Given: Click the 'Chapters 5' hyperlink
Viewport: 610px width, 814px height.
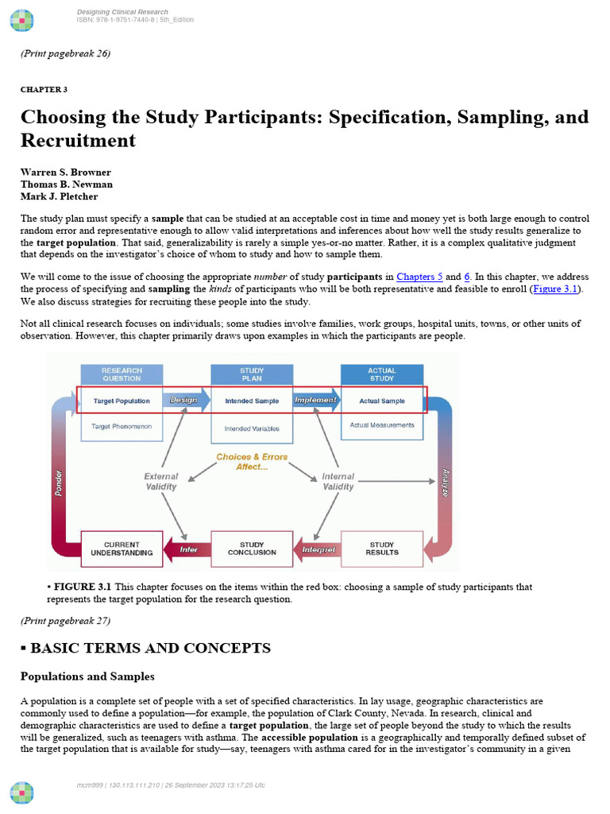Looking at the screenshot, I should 419,277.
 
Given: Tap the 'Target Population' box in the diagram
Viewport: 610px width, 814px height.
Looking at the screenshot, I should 122,401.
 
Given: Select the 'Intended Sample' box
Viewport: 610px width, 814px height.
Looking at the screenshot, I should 251,401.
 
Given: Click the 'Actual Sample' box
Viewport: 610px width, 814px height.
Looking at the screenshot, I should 381,401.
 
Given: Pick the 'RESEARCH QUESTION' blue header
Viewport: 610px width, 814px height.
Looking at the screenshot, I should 122,374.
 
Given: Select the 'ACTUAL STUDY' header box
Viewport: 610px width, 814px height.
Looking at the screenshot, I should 381,374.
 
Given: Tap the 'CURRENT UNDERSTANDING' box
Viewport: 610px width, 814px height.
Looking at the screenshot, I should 122,548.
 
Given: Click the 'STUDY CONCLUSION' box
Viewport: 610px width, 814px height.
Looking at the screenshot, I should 252,548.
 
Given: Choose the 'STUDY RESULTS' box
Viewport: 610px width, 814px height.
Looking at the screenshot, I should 381,548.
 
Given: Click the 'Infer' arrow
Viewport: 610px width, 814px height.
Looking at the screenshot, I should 187,549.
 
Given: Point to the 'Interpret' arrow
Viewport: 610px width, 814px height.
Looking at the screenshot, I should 318,549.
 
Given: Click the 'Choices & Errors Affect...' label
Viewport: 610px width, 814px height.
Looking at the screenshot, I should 252,462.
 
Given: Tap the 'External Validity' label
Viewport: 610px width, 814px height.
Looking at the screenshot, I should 161,482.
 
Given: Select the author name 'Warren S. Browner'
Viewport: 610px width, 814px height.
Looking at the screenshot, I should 66,172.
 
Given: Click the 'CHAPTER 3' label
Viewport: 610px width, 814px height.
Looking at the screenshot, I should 44,90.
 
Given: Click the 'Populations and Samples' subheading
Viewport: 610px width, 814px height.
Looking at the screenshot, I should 87,676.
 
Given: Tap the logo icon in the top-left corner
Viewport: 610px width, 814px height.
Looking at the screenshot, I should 22,20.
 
